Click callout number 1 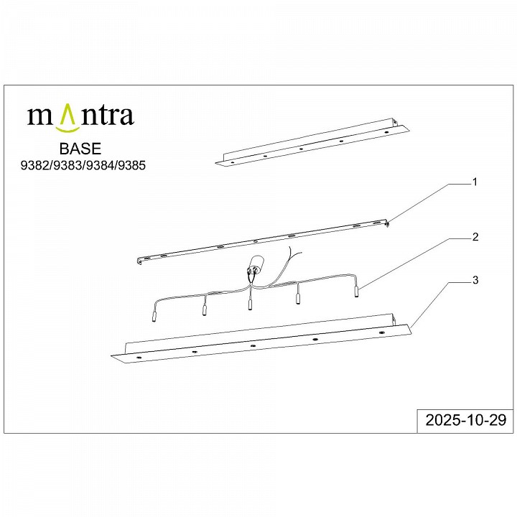(x=474, y=183)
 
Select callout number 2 (x=474, y=236)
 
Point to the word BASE (x=80, y=149)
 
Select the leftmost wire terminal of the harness (x=153, y=315)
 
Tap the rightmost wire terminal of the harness (x=356, y=291)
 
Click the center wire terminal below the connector (x=249, y=304)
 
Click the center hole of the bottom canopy (x=253, y=345)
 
